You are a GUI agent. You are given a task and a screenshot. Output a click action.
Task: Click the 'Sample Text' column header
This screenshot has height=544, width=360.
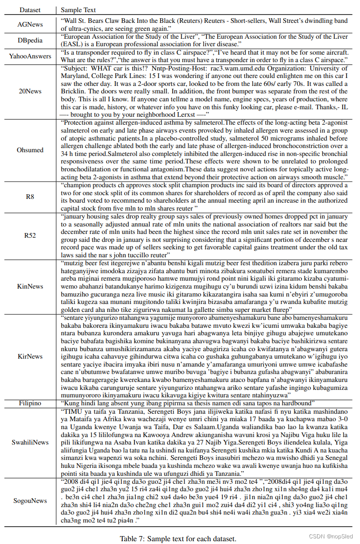point(80,9)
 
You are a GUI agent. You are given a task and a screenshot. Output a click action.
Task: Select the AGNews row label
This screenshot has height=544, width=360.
point(30,24)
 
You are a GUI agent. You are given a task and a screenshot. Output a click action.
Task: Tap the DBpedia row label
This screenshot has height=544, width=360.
point(30,40)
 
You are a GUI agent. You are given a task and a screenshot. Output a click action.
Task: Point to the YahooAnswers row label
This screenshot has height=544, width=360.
point(30,57)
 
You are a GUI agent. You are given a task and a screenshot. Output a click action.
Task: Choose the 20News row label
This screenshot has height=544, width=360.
point(30,91)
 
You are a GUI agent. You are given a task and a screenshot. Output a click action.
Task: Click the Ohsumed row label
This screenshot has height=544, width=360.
point(30,150)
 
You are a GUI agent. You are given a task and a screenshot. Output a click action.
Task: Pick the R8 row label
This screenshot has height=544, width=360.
point(30,197)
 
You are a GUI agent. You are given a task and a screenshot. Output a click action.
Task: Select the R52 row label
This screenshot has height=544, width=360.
point(30,236)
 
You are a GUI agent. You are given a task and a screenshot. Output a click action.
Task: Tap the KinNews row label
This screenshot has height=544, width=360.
point(30,286)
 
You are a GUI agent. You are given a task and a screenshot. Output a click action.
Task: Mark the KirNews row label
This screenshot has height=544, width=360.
point(30,356)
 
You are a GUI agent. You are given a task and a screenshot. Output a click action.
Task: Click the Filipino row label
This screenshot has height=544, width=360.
point(30,403)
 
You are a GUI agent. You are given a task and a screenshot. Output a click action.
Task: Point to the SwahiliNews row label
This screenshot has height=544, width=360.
point(30,442)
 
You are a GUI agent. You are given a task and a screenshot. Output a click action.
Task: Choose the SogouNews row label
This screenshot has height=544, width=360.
point(30,501)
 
